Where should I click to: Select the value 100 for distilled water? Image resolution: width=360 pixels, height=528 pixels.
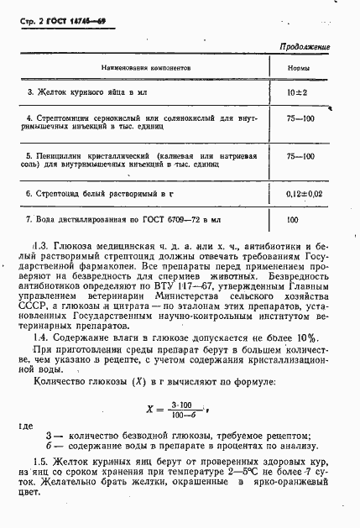pyautogui.click(x=292, y=220)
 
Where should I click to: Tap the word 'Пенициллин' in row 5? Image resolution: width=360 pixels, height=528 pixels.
pyautogui.click(x=59, y=156)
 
